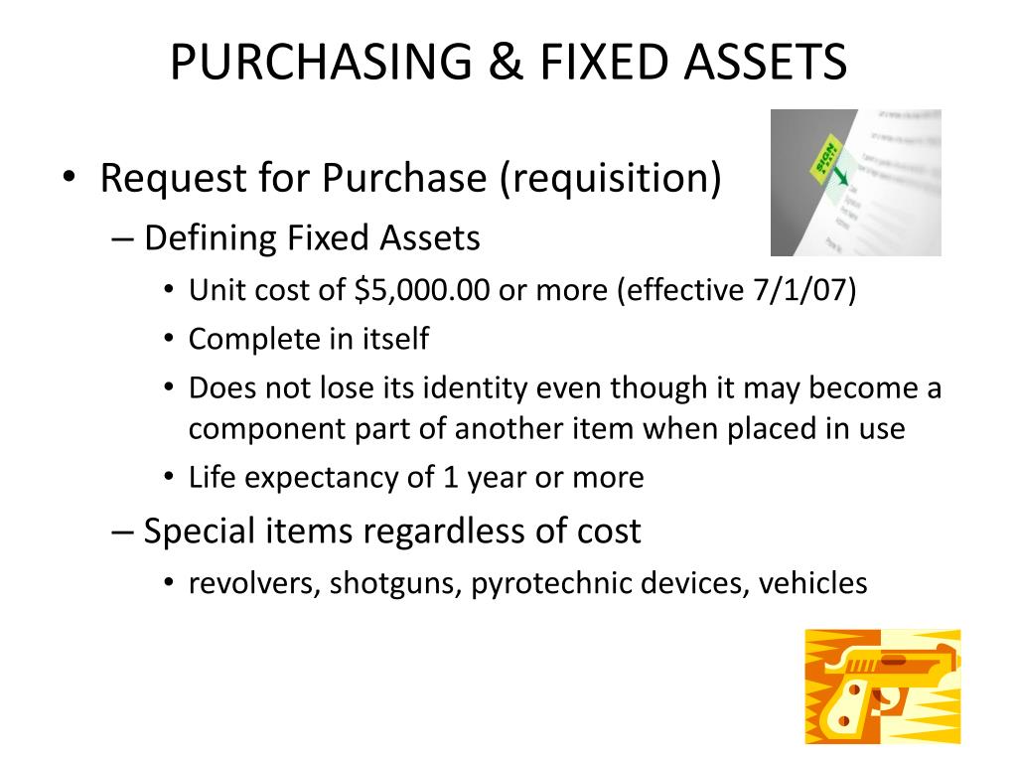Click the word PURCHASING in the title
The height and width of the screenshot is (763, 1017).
point(291,62)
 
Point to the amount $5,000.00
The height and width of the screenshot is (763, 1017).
point(415,291)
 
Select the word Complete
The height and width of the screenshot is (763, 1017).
point(245,339)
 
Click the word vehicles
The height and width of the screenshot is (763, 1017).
point(812,583)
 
